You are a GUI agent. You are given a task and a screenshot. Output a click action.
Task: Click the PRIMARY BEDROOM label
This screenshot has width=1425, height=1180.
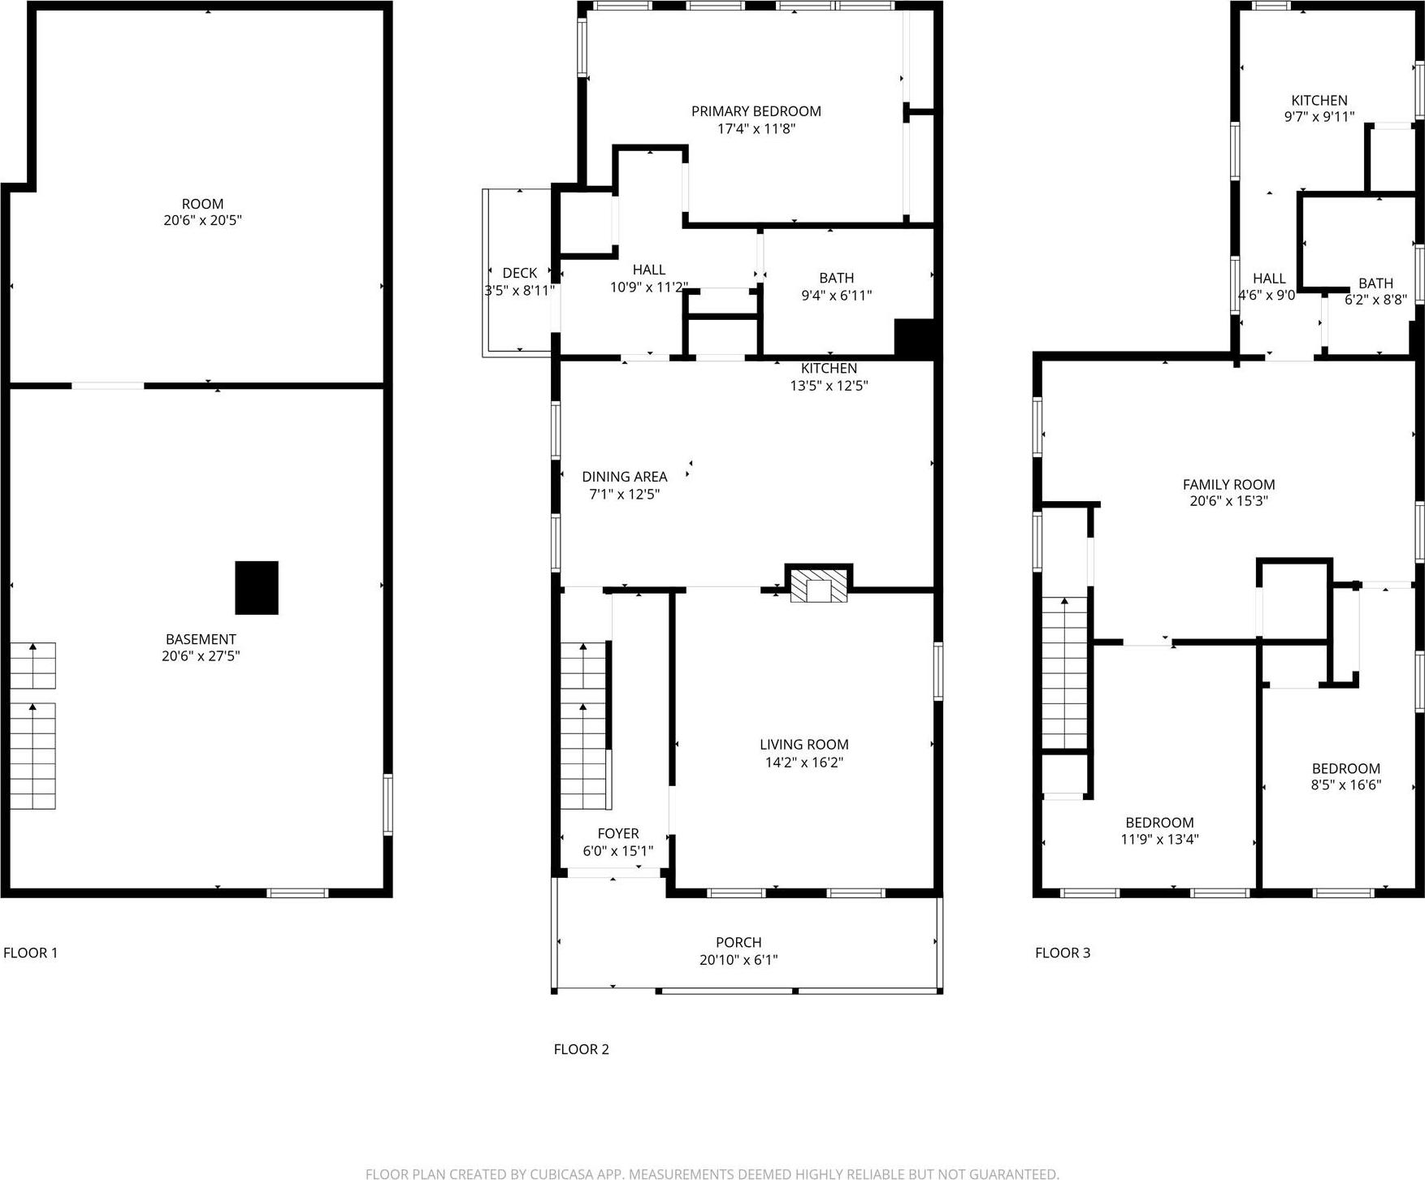pos(756,111)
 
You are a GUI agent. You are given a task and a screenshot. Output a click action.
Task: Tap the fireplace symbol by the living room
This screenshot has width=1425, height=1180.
pos(819,585)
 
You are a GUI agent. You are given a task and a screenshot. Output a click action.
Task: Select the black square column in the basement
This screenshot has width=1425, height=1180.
pos(257,587)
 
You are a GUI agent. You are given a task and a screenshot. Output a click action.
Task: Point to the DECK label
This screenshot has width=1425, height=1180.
pos(519,273)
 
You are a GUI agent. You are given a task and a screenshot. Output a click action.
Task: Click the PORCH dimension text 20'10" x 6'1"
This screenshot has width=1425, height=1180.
pos(738,960)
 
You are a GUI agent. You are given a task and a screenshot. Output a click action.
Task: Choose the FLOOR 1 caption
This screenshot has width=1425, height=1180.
pos(31,953)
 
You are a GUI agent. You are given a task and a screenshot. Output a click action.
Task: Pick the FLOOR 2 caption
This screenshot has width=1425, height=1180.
pos(581,1049)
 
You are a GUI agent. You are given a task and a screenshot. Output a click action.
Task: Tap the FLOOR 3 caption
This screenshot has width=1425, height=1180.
pos(1063,953)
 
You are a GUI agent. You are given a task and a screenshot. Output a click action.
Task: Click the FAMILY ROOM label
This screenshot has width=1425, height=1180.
pos(1228,485)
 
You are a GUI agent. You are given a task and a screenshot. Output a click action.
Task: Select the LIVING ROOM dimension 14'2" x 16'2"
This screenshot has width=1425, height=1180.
pos(803,763)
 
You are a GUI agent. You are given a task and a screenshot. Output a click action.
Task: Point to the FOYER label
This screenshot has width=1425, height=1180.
pos(617,833)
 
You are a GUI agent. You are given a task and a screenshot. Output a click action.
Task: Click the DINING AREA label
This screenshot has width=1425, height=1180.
pos(624,477)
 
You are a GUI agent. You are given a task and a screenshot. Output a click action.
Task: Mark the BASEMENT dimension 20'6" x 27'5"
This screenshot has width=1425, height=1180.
pos(201,656)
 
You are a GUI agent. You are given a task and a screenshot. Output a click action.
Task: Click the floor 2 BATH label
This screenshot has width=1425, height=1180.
pos(836,278)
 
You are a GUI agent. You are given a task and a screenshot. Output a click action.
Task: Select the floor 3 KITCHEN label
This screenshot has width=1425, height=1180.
pos(1319,100)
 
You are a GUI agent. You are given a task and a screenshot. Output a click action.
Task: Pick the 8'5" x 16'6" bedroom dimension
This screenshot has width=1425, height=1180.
pos(1345,785)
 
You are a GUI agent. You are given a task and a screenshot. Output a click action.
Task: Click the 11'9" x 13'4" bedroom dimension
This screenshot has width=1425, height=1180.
pos(1159,840)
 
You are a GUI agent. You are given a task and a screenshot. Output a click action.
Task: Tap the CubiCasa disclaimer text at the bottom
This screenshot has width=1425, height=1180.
pos(712,1174)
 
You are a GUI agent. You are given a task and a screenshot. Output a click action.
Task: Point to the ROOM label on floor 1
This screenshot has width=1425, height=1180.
pos(202,204)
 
